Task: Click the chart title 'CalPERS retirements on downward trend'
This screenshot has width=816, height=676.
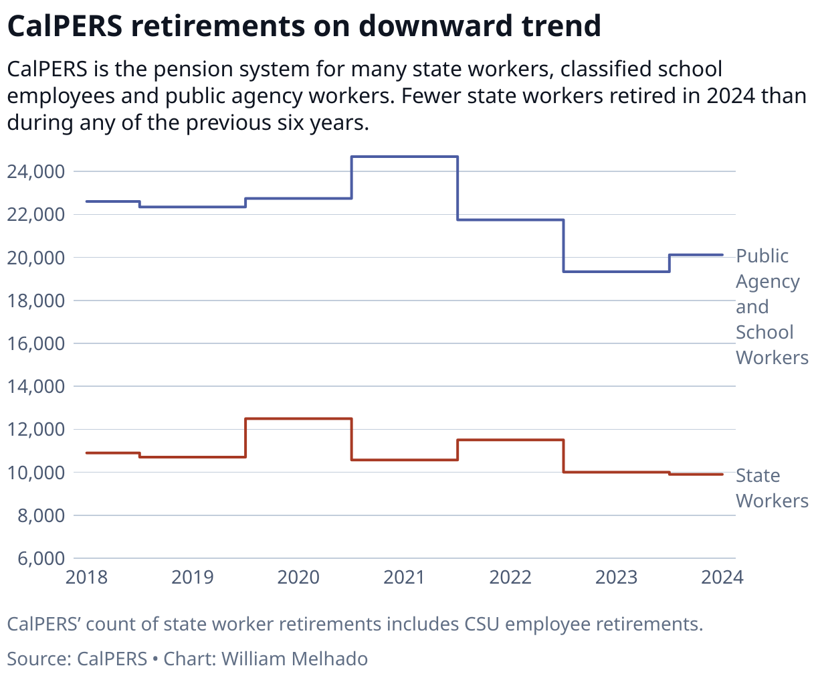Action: [304, 27]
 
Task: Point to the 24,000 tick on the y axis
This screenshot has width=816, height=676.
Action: [36, 172]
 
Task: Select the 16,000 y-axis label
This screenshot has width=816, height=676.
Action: [36, 344]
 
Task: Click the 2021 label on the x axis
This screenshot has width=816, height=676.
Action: [404, 577]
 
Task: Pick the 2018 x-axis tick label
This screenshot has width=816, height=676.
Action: [87, 577]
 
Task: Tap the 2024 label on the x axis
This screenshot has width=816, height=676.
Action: [722, 577]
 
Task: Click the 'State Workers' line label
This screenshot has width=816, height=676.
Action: [771, 488]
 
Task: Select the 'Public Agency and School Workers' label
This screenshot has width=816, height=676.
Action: [771, 307]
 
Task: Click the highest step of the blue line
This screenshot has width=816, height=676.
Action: [404, 157]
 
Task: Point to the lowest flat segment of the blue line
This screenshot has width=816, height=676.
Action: [616, 271]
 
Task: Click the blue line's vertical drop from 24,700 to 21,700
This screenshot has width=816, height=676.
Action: [457, 188]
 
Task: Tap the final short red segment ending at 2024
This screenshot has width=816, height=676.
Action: [696, 474]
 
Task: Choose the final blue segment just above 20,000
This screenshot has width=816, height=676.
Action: [696, 254]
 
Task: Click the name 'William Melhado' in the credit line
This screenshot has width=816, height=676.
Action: [294, 659]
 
